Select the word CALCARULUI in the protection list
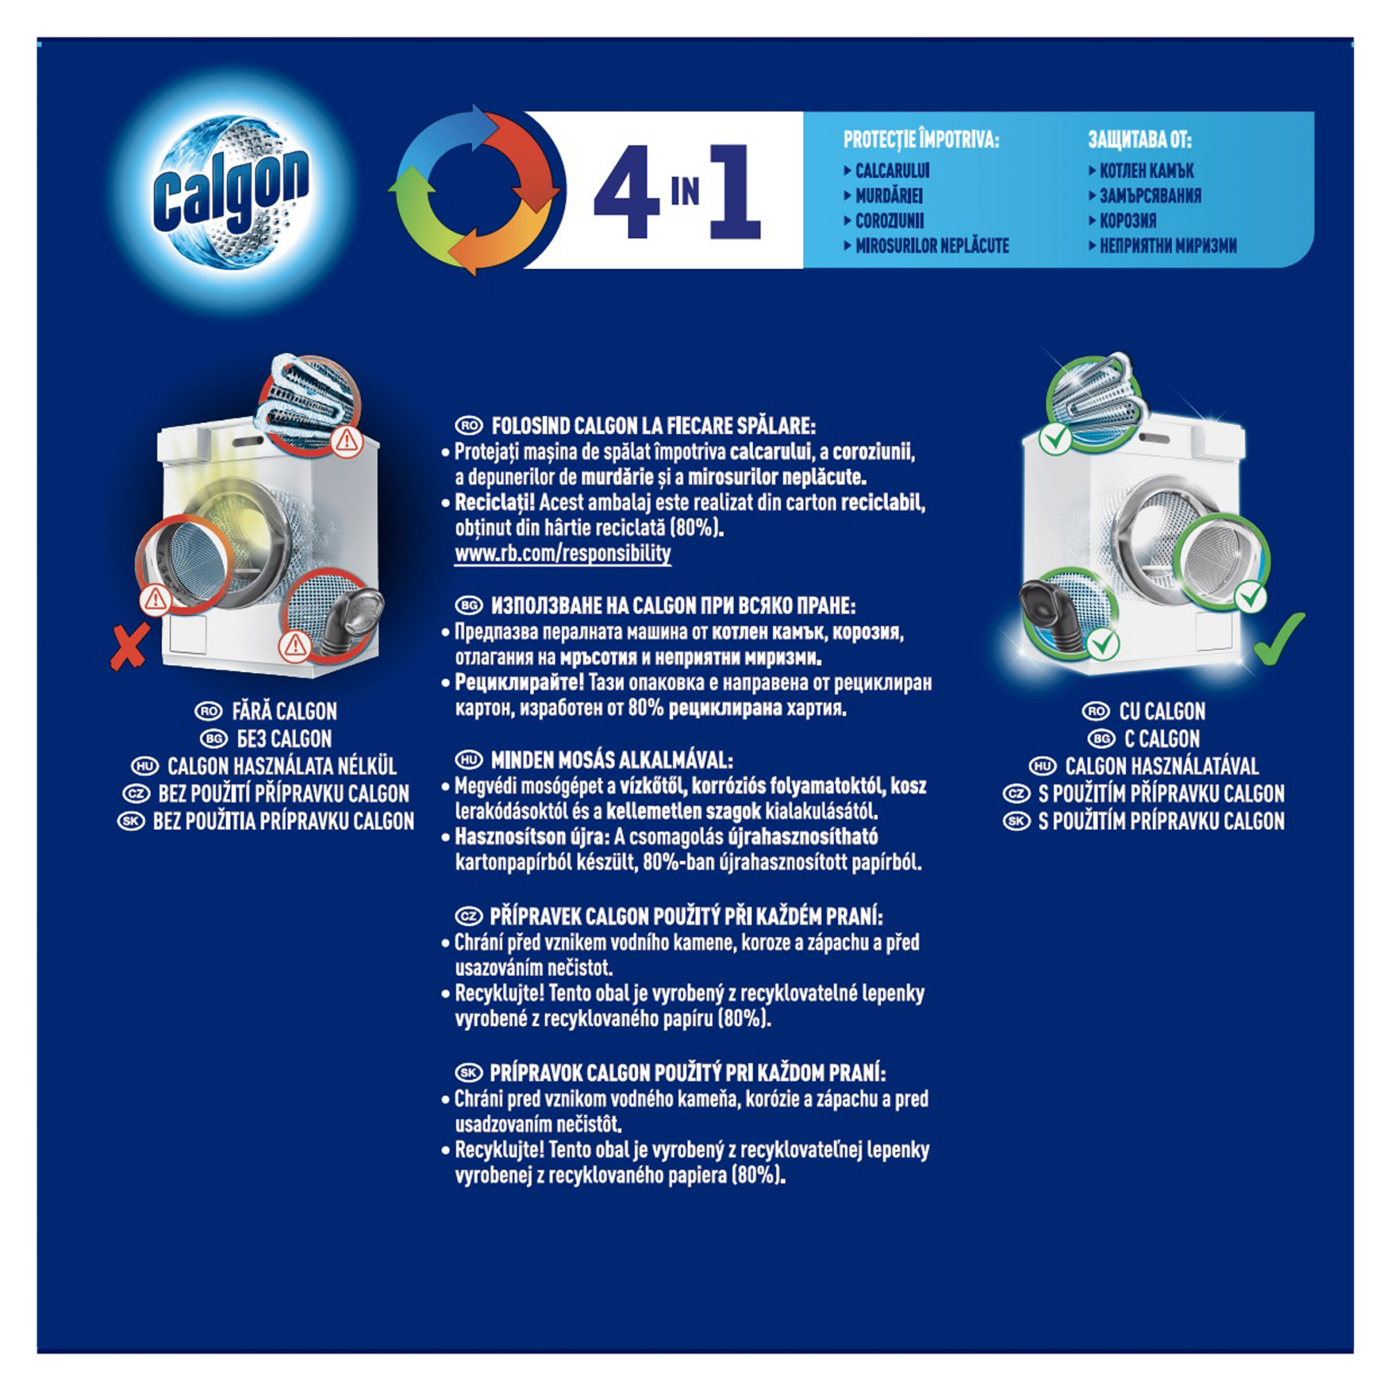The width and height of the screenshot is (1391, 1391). [x=892, y=170]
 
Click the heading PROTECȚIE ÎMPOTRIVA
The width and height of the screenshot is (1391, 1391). [x=921, y=140]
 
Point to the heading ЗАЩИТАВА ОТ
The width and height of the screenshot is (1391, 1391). [x=1140, y=140]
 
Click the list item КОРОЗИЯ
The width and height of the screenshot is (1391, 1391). [x=1127, y=220]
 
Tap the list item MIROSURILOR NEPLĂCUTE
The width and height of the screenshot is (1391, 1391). [x=932, y=246]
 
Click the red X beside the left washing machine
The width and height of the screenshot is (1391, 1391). [x=129, y=646]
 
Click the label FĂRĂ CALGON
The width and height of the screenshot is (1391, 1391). [x=284, y=711]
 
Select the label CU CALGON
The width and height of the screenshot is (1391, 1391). [x=1161, y=711]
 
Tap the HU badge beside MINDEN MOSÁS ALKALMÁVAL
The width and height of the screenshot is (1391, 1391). [x=469, y=759]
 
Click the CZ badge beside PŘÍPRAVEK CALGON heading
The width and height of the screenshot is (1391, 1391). [x=469, y=917]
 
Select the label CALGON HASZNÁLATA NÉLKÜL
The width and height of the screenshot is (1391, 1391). [x=282, y=766]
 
